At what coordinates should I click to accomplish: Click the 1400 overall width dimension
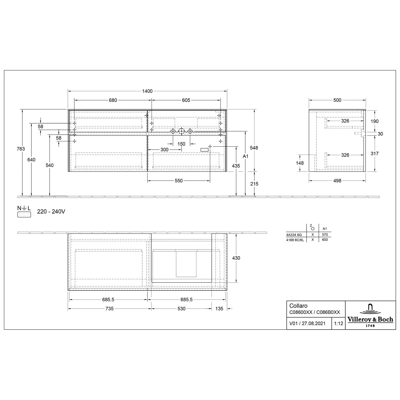coord(147,91)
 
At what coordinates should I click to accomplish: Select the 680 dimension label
coord(113,100)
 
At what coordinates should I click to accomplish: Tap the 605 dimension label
coord(186,100)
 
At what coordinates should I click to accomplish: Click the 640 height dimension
coord(31,160)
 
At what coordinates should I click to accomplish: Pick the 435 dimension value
coord(236,166)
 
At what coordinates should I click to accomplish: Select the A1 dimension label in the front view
coord(245,156)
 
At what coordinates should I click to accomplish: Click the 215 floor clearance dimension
coord(254,184)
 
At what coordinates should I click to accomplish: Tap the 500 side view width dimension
coord(337,100)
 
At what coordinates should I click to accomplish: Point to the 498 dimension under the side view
coord(337,181)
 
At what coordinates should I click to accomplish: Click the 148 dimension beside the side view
coord(300,163)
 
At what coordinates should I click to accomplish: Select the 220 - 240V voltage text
coord(51,212)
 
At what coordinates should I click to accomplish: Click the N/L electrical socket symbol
coord(24,212)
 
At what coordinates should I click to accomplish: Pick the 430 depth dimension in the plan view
coord(236,258)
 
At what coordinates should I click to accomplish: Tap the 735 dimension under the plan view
coord(109,309)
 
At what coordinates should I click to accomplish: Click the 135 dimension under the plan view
coord(219,309)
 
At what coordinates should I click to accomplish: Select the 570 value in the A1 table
coord(325,235)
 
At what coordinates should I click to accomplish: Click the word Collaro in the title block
coord(298,306)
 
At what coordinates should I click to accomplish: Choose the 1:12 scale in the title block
coord(338,323)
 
